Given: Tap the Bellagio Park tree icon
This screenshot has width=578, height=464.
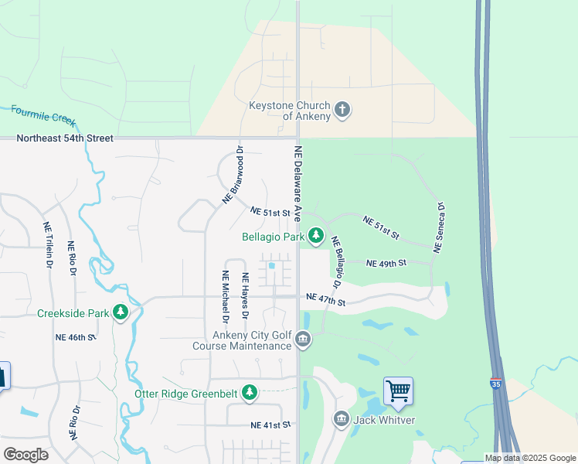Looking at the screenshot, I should pyautogui.click(x=316, y=234).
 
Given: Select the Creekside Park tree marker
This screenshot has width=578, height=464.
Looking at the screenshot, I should pyautogui.click(x=120, y=312).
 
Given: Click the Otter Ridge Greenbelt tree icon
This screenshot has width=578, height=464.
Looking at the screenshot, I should pyautogui.click(x=249, y=393).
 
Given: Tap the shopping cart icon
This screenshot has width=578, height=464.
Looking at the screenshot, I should pyautogui.click(x=398, y=391).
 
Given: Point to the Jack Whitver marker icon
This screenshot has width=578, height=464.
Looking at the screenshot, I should pyautogui.click(x=342, y=419).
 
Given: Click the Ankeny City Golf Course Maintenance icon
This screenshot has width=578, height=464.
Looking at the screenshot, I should pyautogui.click(x=303, y=339).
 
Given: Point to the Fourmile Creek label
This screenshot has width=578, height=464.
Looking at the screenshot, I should pyautogui.click(x=43, y=115).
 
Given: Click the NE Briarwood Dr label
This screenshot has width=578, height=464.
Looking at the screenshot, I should pyautogui.click(x=233, y=175).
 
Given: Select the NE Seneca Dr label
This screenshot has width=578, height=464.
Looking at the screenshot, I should pyautogui.click(x=440, y=228).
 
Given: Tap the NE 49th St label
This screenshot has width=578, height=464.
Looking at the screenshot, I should pyautogui.click(x=386, y=264).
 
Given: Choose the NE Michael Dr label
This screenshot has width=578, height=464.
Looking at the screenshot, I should pyautogui.click(x=225, y=297).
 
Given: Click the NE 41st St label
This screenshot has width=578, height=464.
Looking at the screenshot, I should pyautogui.click(x=270, y=425).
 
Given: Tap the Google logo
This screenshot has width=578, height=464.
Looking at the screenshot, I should pyautogui.click(x=25, y=455).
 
